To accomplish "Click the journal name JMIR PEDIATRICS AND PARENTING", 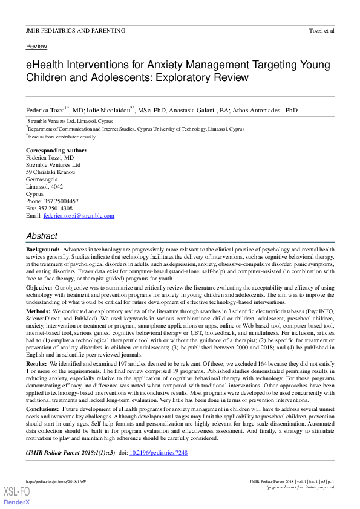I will pyautogui.click(x=76, y=31).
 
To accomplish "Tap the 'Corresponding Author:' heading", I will pyautogui.click(x=56, y=150).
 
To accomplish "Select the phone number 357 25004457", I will pyautogui.click(x=61, y=201).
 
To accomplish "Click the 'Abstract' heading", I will pyautogui.click(x=42, y=236).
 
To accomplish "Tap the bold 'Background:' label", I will pyautogui.click(x=42, y=250).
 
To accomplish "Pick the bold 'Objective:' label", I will pyautogui.click(x=39, y=288).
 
